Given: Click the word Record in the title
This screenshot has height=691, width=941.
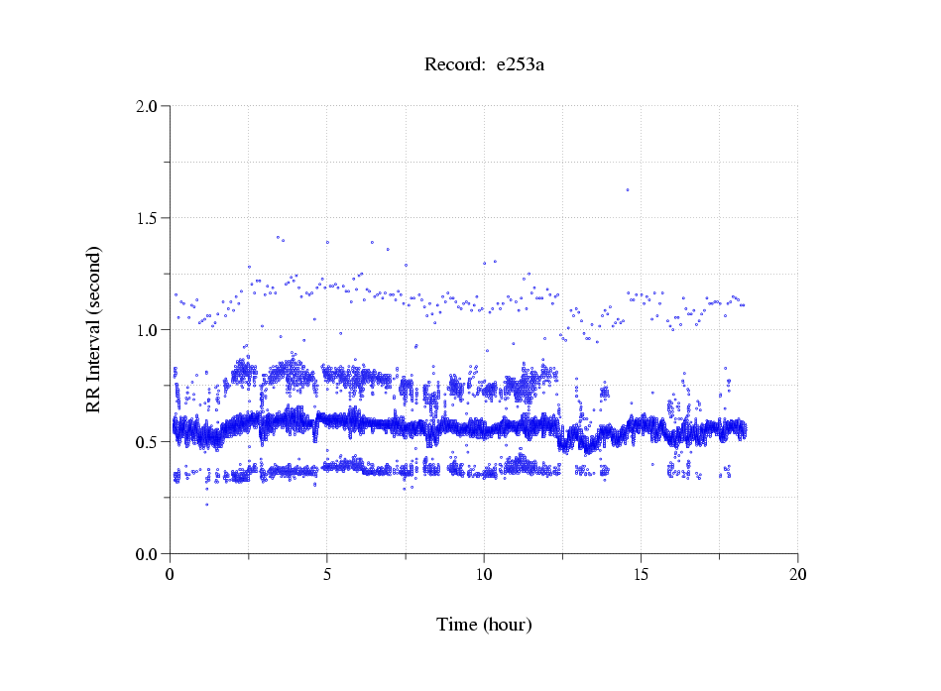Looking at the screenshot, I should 450,65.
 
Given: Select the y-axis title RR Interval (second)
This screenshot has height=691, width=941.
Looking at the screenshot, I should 93,328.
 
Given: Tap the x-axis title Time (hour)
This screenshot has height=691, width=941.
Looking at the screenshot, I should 484,625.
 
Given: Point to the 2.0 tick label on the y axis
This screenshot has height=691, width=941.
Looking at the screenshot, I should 148,106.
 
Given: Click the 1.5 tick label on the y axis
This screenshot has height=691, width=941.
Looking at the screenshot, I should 148,218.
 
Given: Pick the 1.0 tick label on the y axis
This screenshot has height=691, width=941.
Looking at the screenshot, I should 148,330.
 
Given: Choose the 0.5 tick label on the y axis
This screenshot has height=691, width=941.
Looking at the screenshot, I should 148,442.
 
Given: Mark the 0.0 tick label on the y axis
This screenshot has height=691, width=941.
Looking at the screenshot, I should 148,554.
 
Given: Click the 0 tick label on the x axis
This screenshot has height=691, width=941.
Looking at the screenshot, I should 171,574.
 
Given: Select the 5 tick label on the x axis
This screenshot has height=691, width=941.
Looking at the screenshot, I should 327,574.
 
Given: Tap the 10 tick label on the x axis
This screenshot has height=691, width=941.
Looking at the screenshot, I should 484,574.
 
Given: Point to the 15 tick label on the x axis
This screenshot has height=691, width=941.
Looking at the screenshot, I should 641,574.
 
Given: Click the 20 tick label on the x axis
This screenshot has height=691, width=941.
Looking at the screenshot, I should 797,574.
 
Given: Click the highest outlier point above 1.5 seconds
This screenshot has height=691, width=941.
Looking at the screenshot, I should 628,189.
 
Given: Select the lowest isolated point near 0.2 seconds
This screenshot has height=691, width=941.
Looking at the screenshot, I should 206,505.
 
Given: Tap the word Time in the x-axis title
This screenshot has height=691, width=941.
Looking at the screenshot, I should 457,625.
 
